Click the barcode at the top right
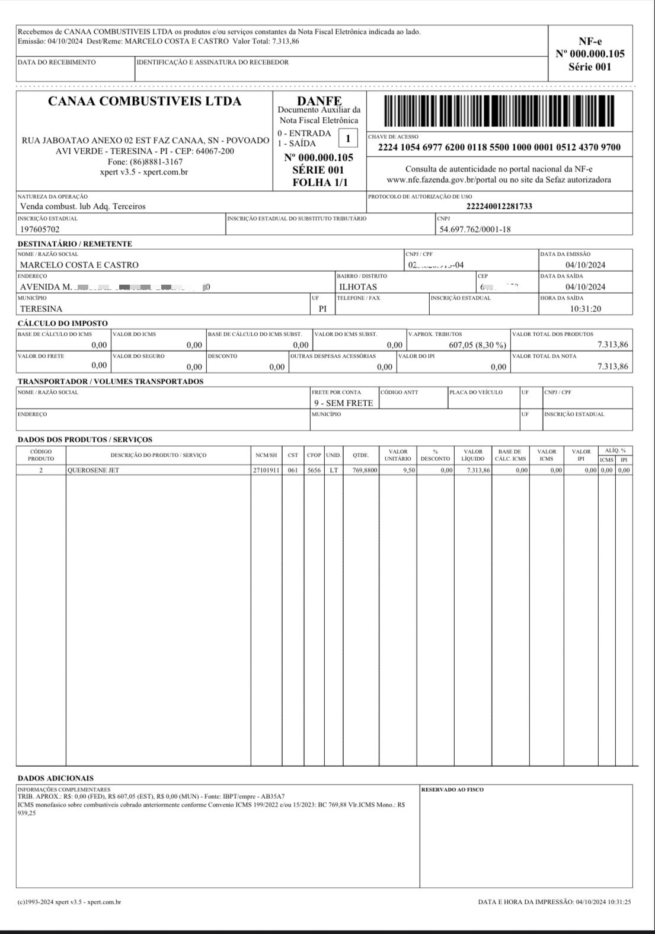[x=499, y=112]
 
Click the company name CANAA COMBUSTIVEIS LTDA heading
[x=145, y=101]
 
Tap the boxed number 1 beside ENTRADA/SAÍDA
[x=348, y=139]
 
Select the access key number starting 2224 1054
[x=499, y=148]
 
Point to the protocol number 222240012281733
[x=499, y=206]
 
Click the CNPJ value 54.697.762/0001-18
[x=475, y=229]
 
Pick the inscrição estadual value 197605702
[x=40, y=229]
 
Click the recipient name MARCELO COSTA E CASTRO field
[x=79, y=265]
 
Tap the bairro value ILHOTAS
[x=357, y=287]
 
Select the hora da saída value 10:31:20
[x=585, y=309]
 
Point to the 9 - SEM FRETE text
[x=343, y=403]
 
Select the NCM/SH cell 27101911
[x=266, y=470]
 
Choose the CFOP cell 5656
[x=314, y=470]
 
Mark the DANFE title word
[x=319, y=101]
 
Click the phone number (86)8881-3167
[x=145, y=162]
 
